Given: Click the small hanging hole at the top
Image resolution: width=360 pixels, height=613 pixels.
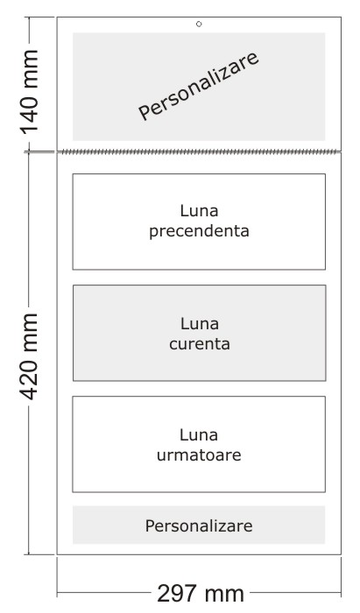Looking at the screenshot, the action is tap(199, 25).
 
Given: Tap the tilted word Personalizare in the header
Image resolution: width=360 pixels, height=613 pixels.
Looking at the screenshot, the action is tap(199, 86).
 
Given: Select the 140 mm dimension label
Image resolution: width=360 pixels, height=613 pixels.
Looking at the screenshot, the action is tap(29, 92).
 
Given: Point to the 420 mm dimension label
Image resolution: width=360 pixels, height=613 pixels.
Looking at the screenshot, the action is tap(29, 357).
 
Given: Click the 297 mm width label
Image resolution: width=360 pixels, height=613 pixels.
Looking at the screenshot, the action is tap(201, 594).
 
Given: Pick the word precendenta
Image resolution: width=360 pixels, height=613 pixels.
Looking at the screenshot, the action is tap(199, 231).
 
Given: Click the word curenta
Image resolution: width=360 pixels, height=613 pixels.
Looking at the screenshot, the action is tap(200, 344).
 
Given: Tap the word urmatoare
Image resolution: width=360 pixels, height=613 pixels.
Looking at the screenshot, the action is tap(199, 455).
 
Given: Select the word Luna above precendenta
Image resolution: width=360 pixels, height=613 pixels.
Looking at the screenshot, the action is tap(199, 211).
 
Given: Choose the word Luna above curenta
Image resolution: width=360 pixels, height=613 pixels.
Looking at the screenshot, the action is tap(200, 324).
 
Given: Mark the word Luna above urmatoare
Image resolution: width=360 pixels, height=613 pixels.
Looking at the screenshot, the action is tap(199, 435).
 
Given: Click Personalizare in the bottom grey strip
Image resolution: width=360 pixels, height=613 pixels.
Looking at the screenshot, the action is tap(199, 525).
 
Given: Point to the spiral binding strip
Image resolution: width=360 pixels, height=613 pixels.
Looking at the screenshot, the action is tap(199, 151).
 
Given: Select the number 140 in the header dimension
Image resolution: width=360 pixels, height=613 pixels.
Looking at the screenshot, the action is tap(29, 113).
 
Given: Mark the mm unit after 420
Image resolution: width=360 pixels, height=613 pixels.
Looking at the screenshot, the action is tap(31, 330).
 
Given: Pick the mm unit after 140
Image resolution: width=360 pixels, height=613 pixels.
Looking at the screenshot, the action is tap(31, 67).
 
